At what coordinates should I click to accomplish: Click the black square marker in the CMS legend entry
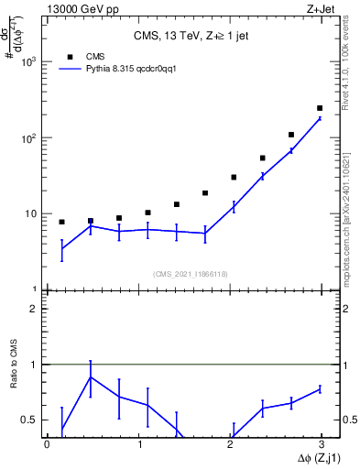(70, 56)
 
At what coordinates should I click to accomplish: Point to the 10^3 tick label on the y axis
(30, 61)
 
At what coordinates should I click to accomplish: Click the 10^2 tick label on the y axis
(30, 137)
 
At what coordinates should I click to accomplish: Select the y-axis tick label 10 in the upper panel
(32, 213)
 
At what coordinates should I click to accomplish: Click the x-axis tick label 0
(47, 445)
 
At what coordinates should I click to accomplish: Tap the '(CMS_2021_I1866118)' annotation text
(190, 274)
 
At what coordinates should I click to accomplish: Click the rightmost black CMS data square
(319, 108)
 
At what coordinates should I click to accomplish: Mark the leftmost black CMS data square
(61, 222)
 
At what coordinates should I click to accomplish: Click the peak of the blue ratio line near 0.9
(90, 376)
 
